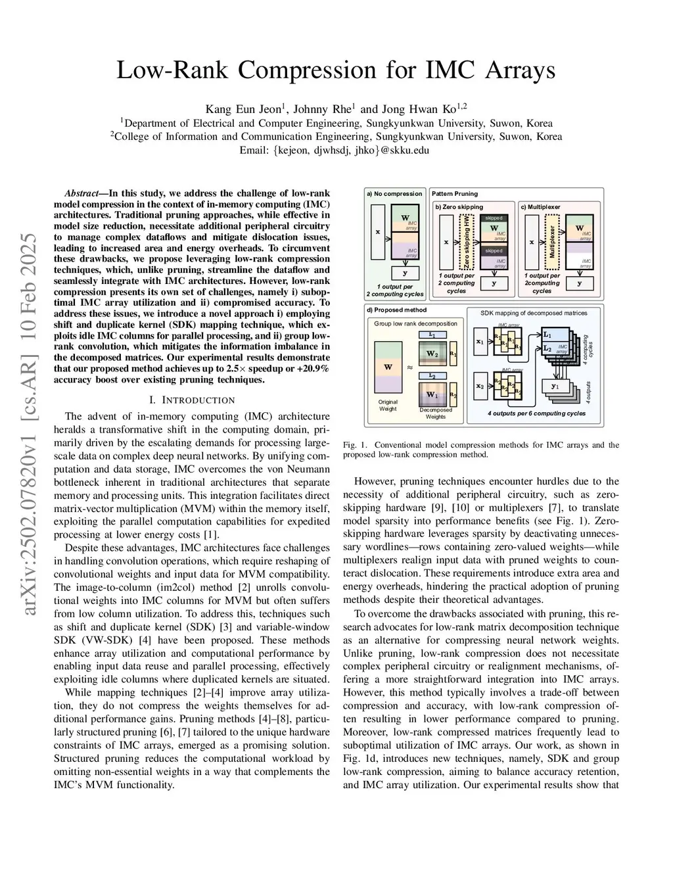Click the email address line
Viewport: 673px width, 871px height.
coord(336,150)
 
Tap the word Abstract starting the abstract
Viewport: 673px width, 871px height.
coord(81,193)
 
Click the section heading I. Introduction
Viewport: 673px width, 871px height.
coord(192,400)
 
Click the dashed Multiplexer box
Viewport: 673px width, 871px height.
coord(552,242)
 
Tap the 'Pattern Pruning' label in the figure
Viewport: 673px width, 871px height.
coord(455,194)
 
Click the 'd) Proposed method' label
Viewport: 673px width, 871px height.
coord(396,310)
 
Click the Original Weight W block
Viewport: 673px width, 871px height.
coord(388,368)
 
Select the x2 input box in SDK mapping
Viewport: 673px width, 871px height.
coord(480,386)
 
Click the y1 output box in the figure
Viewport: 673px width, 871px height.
coord(555,387)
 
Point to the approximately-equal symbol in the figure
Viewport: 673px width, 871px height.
coord(410,368)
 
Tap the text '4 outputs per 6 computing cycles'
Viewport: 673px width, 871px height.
coord(536,413)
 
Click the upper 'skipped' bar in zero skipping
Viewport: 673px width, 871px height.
coord(494,218)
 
